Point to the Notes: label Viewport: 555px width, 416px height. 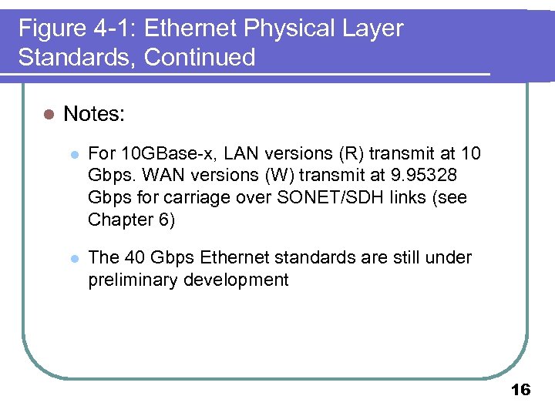coord(94,114)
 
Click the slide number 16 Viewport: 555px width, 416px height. coord(521,390)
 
